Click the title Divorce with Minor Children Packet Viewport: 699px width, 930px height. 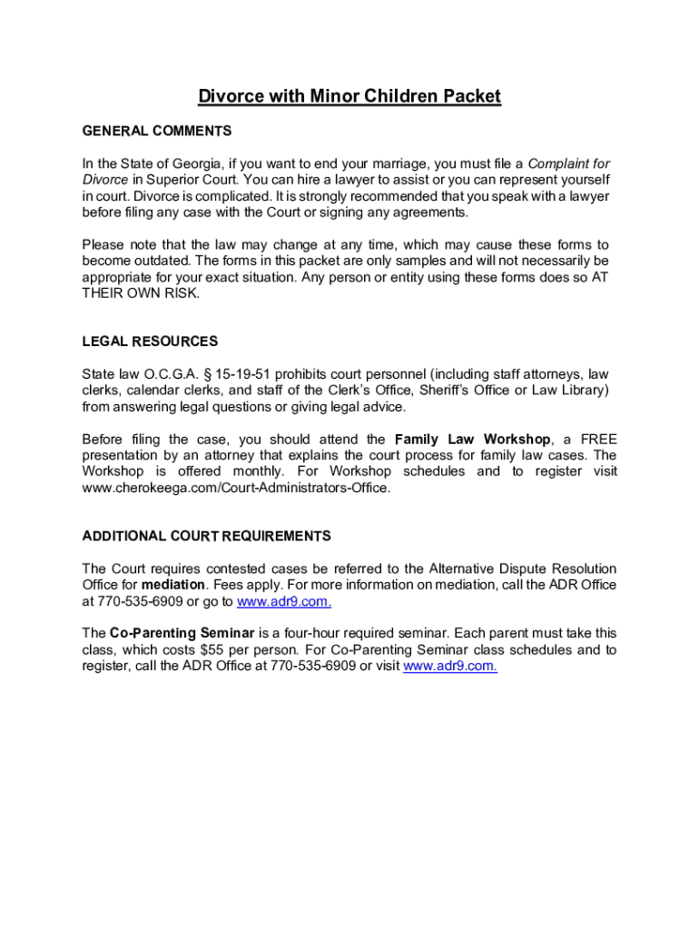(349, 96)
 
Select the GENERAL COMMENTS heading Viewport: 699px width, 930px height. (156, 131)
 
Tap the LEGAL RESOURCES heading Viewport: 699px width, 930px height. (150, 341)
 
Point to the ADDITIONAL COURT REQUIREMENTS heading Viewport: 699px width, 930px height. (206, 536)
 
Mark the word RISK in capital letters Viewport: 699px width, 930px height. (179, 293)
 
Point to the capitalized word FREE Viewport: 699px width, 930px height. (598, 440)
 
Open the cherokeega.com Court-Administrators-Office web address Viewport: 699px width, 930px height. (236, 488)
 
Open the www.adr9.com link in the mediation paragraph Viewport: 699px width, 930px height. (283, 601)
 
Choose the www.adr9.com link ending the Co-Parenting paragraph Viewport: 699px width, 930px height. (449, 667)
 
